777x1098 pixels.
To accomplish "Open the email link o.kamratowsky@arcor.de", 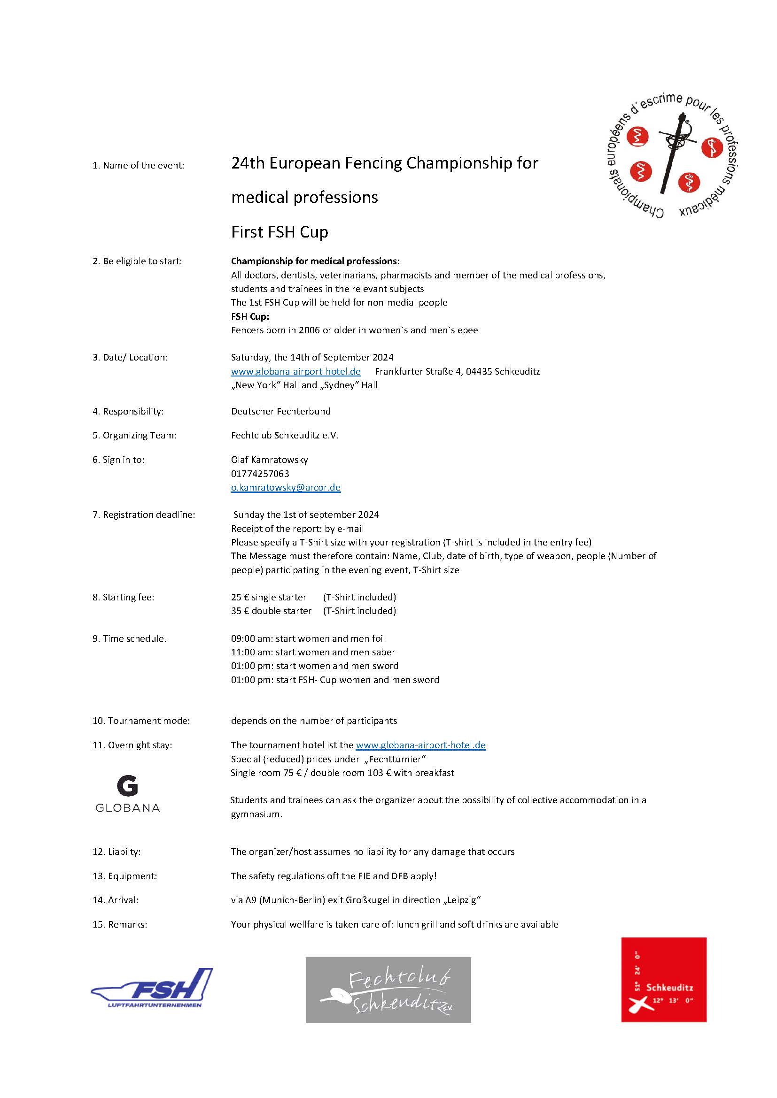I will coord(286,487).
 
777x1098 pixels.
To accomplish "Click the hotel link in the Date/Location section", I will coord(295,371).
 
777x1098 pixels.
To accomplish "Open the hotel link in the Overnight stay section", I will coord(420,745).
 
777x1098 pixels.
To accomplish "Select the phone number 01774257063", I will coord(260,474).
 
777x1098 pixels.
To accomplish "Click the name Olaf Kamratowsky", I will coord(269,460).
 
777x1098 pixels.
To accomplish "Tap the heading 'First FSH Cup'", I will coord(280,232).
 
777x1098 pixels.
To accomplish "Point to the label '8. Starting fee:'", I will coord(124,597).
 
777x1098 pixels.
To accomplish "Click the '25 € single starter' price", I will coord(268,597).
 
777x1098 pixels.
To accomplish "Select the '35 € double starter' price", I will coord(271,611).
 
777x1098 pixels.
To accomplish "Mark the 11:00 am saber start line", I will coord(313,652).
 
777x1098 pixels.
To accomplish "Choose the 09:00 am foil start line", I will coord(308,638).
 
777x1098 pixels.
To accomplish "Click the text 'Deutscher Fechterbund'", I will coord(281,411).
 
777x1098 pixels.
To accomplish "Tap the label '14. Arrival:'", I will coord(115,900).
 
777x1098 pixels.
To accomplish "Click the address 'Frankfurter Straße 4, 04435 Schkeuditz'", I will coord(457,371).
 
